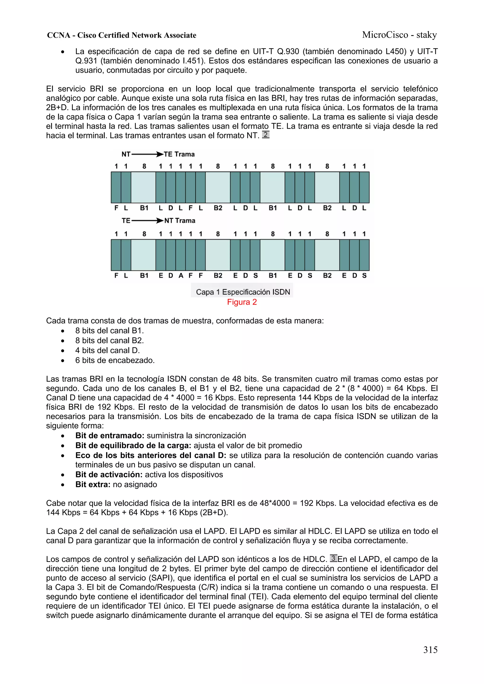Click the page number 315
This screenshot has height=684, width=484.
click(430, 650)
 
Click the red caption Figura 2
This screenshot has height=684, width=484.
click(242, 302)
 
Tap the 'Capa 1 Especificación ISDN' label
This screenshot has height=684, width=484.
click(243, 292)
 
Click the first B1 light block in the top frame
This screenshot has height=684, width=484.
click(143, 187)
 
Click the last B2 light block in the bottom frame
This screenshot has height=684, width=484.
click(327, 255)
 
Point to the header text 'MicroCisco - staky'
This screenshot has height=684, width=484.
click(399, 35)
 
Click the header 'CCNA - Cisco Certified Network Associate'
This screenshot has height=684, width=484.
click(122, 35)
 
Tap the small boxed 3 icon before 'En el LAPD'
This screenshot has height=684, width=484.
click(333, 558)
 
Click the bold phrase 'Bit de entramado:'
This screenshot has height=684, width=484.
click(110, 436)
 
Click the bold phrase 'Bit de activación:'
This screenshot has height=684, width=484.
click(109, 475)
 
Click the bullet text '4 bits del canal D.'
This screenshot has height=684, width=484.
click(107, 350)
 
